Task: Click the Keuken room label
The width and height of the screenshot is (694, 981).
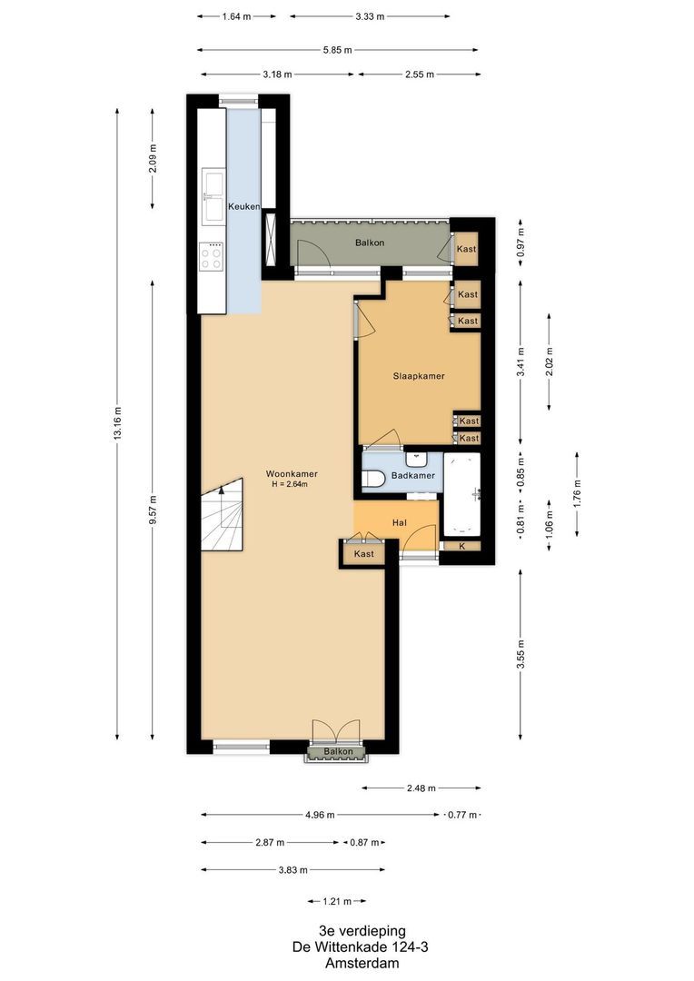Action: point(244,206)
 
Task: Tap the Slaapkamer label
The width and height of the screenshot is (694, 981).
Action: point(418,376)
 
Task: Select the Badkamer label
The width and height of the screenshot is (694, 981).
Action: point(412,476)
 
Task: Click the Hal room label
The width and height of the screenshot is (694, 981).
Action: point(399,523)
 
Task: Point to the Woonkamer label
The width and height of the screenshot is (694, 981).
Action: point(291,474)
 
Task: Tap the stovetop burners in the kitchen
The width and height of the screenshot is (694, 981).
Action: point(212,256)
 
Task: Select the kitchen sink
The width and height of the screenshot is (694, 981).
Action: point(213,196)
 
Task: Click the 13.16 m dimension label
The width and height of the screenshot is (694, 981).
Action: point(117,423)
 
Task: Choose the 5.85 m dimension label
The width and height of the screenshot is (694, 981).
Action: point(337,50)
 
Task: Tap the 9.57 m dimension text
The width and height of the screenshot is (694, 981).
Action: point(153,509)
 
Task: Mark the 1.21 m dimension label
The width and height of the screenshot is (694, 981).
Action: point(337,902)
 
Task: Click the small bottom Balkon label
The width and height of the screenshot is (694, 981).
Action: point(338,752)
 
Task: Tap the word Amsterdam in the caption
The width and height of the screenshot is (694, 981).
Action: point(361,963)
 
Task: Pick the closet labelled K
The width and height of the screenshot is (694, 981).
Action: point(462,546)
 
